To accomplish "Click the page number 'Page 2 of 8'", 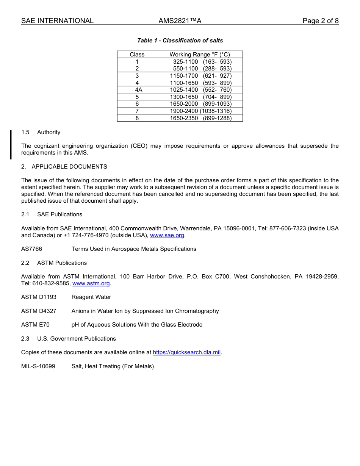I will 320,21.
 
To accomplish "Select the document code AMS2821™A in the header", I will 180,21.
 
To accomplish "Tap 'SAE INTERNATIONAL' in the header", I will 57,21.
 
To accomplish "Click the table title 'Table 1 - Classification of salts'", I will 180,41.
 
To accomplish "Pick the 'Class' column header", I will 137,55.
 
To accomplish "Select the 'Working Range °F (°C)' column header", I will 200,55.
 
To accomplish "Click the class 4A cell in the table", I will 137,90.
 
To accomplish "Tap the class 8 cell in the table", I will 137,118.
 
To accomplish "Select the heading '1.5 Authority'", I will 41,132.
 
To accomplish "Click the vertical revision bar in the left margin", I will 11,145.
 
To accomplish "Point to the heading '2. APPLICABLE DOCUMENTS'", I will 64,167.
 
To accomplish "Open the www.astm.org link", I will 91,283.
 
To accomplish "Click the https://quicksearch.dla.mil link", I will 186,352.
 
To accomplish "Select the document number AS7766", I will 32,249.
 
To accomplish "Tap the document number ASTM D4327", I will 39,311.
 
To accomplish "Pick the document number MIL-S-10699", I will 38,366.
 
